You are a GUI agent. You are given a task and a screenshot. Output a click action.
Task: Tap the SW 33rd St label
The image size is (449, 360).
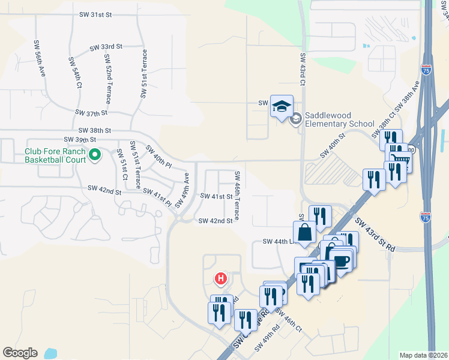[x=106, y=46]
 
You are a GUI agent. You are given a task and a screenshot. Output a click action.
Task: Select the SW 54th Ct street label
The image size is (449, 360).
[x=76, y=73]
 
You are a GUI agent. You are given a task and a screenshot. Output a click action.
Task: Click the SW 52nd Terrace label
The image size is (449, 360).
[x=107, y=77]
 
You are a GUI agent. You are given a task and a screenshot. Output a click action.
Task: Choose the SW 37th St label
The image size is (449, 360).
[x=91, y=112]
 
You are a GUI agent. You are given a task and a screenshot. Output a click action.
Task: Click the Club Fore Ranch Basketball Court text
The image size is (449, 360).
[x=55, y=156]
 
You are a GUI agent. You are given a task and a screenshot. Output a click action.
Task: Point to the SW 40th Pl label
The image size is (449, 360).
[x=158, y=157]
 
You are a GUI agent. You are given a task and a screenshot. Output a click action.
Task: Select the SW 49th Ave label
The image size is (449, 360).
[x=182, y=187]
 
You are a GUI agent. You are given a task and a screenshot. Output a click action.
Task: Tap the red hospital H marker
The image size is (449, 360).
[x=221, y=278]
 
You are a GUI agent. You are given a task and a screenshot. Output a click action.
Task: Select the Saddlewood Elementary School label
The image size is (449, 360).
[x=340, y=119]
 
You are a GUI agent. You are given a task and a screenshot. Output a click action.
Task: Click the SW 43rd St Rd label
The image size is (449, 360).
[x=375, y=235]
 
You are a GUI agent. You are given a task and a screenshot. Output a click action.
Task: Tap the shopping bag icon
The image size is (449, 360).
[x=305, y=232]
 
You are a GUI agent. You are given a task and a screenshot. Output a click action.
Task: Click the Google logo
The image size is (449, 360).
[x=20, y=353]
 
